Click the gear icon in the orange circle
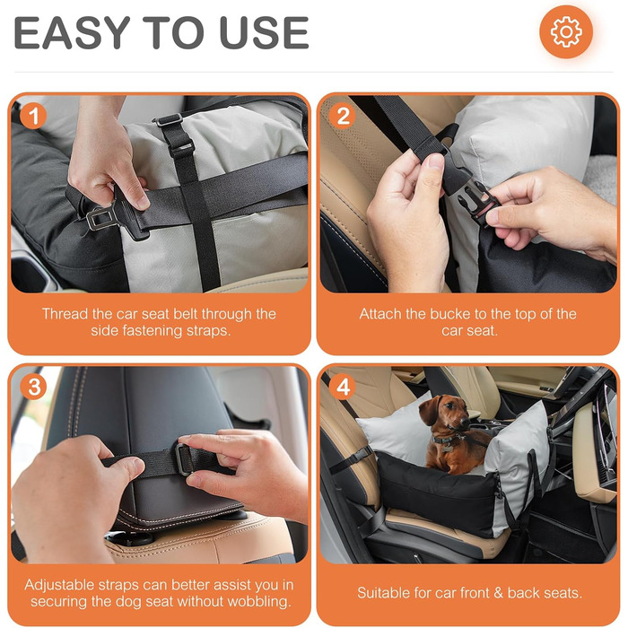pyautogui.click(x=566, y=31)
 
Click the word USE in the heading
pyautogui.click(x=265, y=33)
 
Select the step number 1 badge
pyautogui.click(x=33, y=116)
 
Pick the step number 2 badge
pyautogui.click(x=343, y=116)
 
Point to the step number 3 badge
pyautogui.click(x=34, y=387)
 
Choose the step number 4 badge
pyautogui.click(x=343, y=387)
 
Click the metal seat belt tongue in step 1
pyautogui.click(x=100, y=217)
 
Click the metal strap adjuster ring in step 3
pyautogui.click(x=183, y=459)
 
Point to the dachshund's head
pyautogui.click(x=445, y=412)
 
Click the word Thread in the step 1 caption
pyautogui.click(x=65, y=314)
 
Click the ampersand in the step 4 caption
pyautogui.click(x=498, y=593)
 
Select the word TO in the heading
pyautogui.click(x=174, y=33)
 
